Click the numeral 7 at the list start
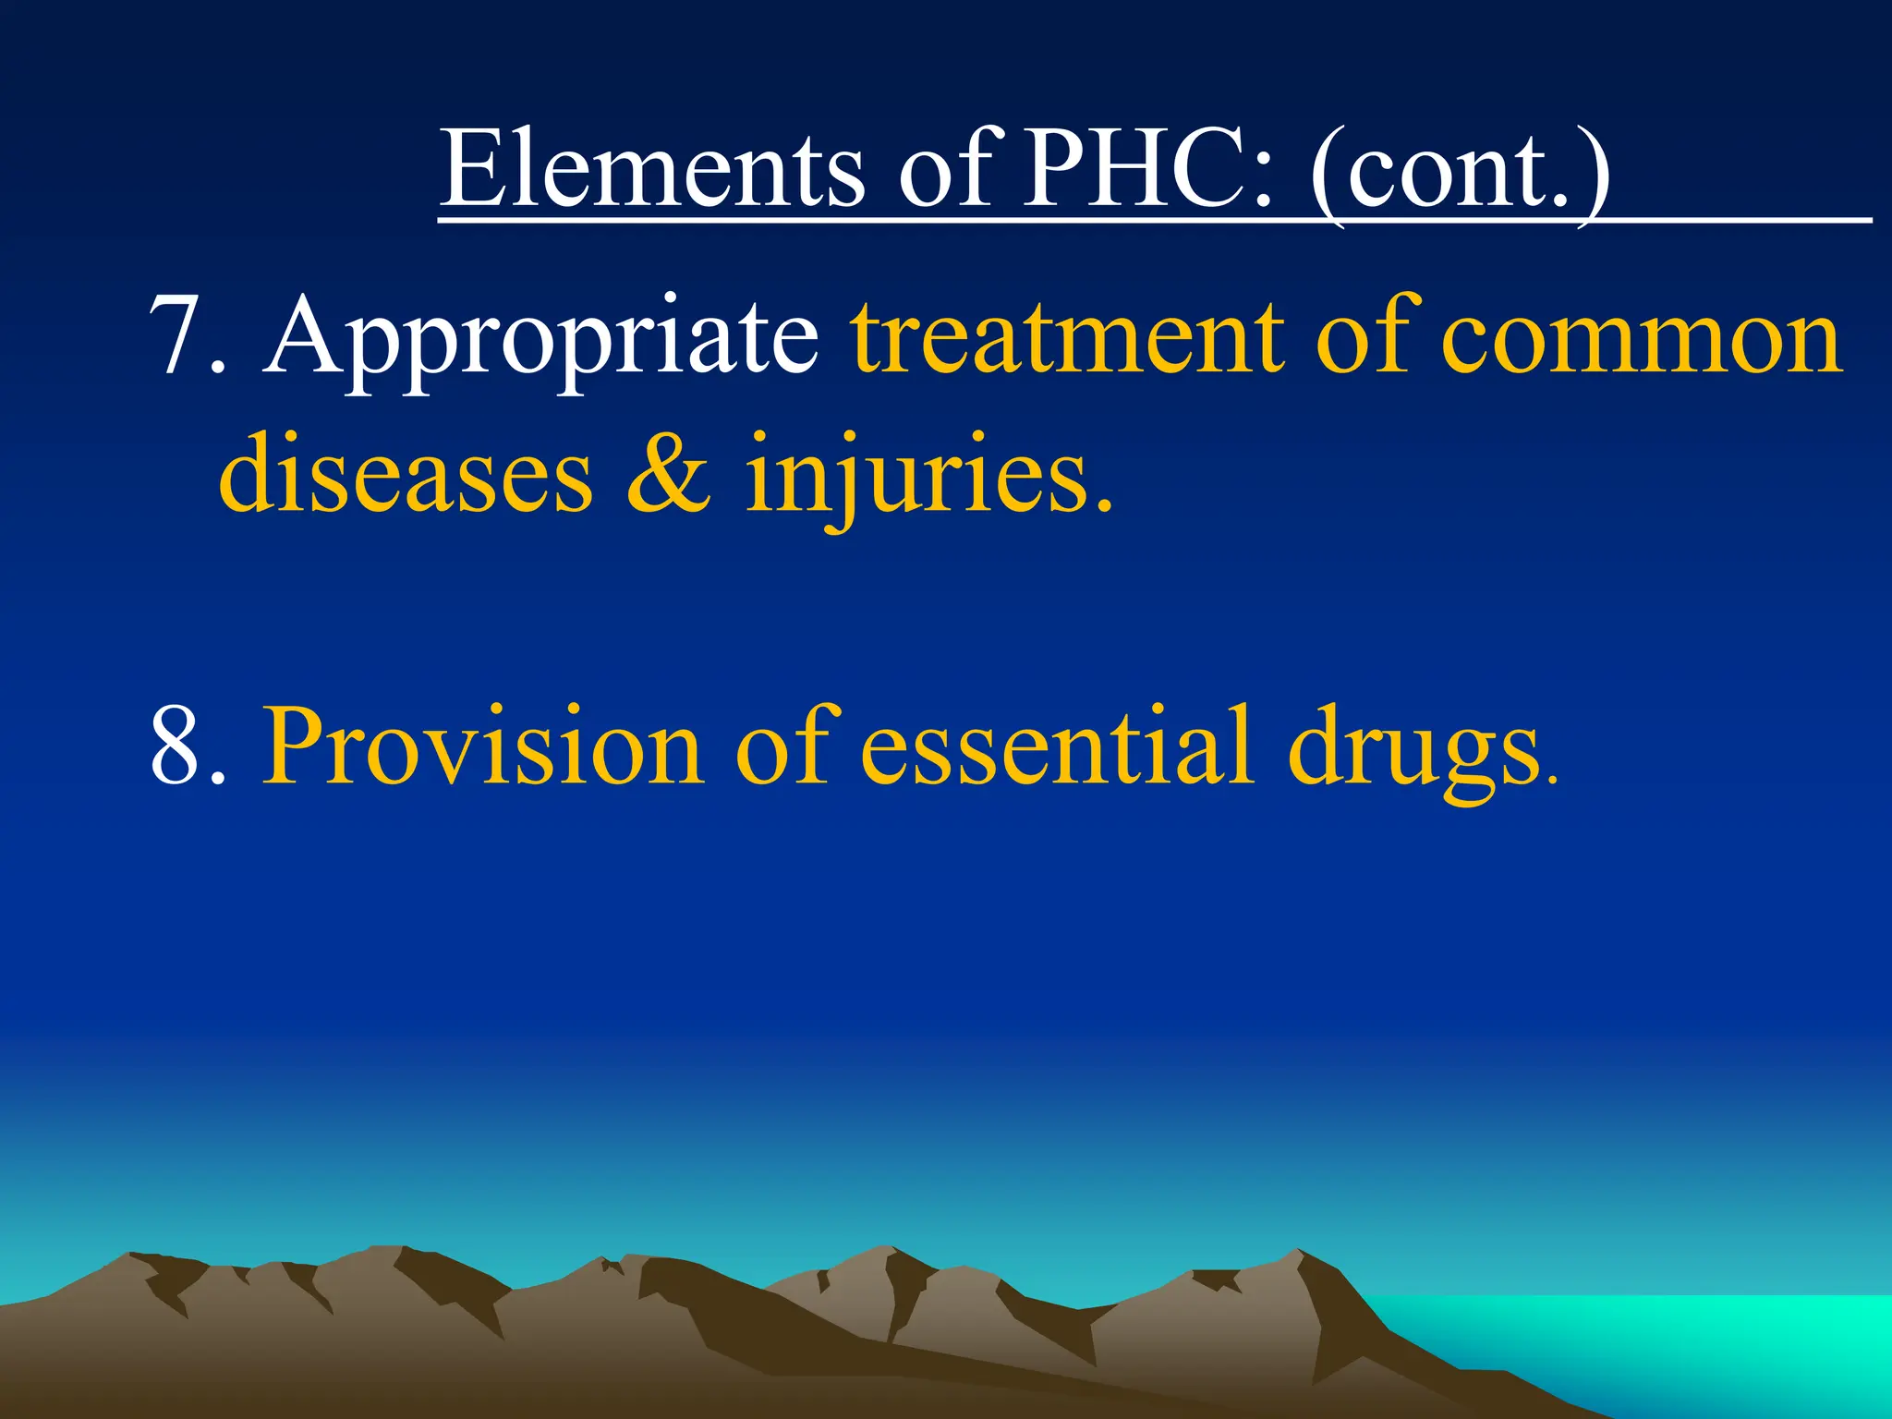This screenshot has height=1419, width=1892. tap(176, 337)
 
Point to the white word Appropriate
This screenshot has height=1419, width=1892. tap(541, 342)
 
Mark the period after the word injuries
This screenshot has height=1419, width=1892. tap(1103, 506)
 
